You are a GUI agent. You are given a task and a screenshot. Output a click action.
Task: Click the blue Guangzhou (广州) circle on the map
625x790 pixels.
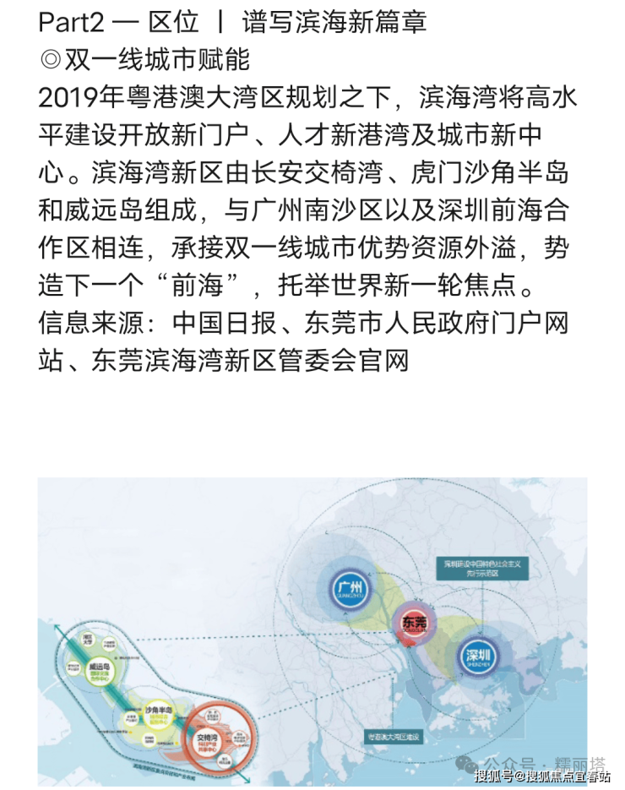(349, 588)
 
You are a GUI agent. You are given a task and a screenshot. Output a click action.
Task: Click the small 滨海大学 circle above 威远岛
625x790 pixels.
(86, 638)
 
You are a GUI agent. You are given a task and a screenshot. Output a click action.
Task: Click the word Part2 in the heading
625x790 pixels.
(72, 21)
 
